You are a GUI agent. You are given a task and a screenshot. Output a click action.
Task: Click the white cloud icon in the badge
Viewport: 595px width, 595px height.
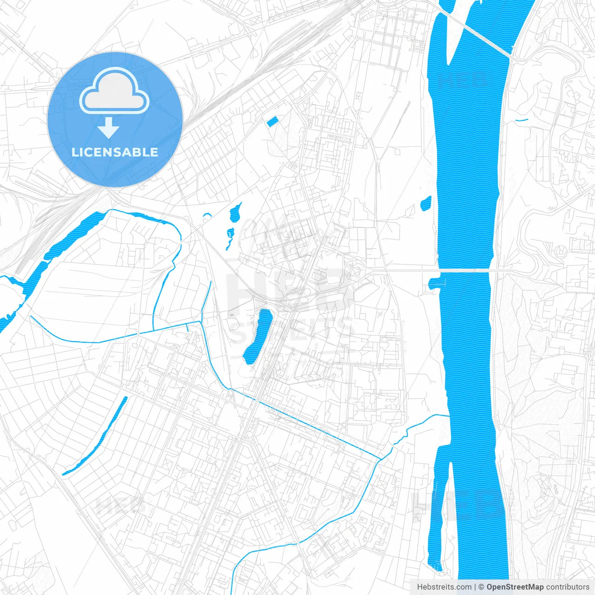114,91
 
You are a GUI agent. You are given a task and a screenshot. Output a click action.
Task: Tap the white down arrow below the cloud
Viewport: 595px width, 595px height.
109,128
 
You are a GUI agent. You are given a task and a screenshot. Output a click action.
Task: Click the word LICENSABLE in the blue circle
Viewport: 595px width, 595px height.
115,152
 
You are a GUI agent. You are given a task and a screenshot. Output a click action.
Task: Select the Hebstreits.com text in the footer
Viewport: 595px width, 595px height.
444,587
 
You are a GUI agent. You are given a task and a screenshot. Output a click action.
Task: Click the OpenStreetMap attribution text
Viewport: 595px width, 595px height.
515,587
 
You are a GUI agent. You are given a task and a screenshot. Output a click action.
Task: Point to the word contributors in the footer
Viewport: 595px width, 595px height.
568,587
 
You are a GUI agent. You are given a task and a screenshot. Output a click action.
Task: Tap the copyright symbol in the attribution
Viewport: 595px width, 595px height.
481,587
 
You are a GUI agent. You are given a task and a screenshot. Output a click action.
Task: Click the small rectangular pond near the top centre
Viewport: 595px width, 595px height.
271,122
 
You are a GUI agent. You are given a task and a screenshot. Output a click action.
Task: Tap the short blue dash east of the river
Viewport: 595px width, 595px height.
522,120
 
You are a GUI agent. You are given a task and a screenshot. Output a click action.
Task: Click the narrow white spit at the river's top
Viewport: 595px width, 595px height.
458,37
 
